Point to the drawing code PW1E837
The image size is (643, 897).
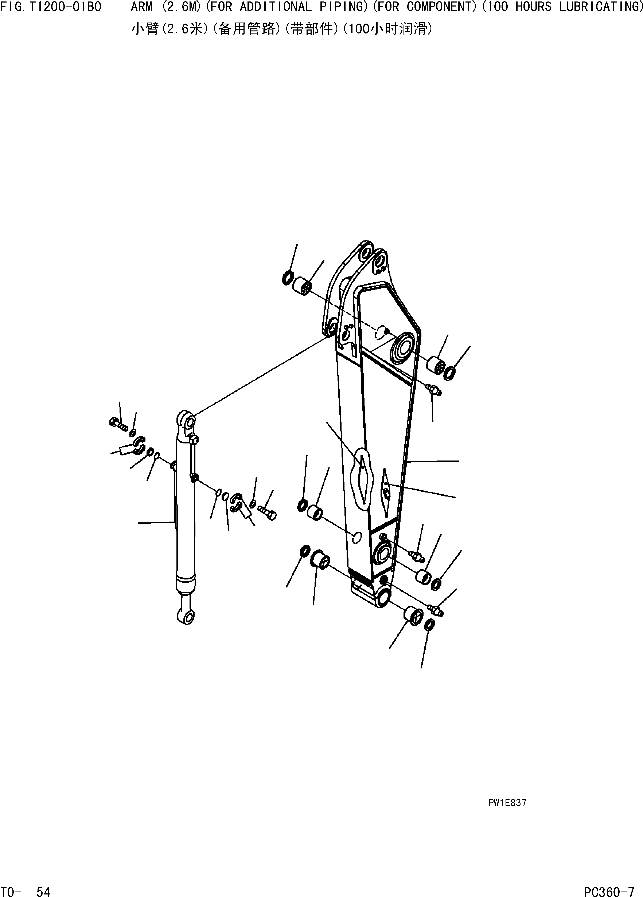pyautogui.click(x=507, y=803)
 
